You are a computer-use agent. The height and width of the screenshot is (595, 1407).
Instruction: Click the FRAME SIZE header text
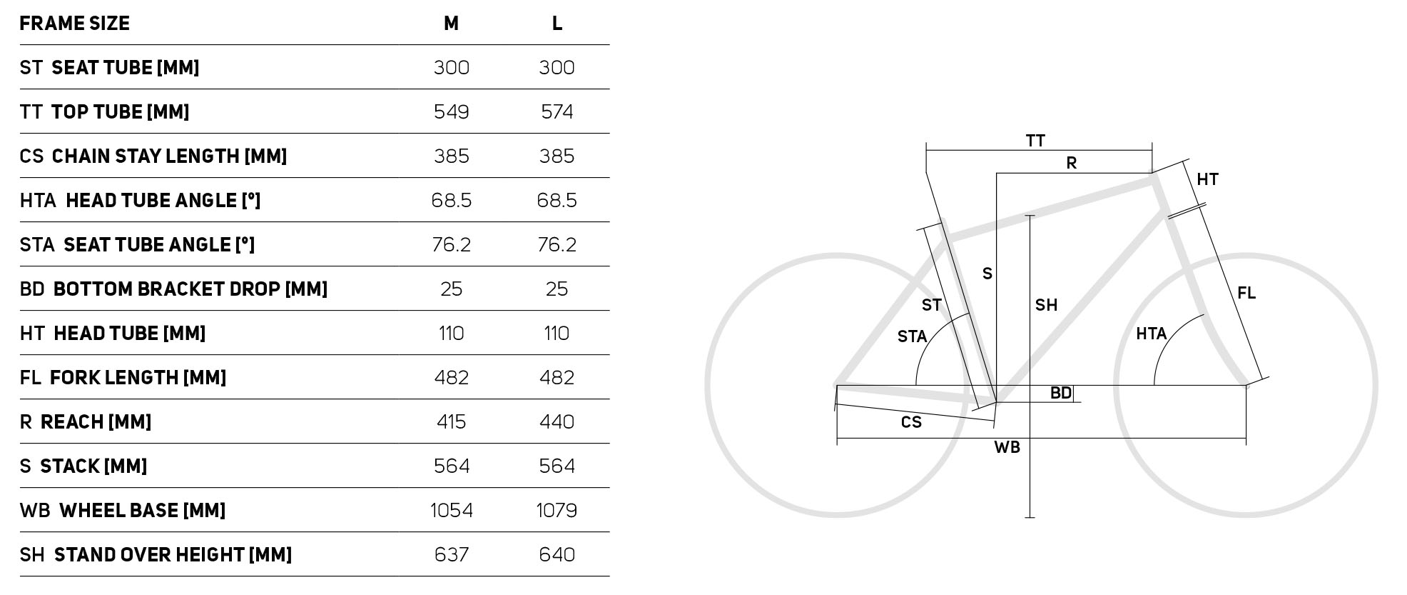(74, 24)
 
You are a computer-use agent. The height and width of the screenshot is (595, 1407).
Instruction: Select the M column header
(451, 24)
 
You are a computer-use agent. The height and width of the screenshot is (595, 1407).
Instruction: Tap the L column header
(557, 24)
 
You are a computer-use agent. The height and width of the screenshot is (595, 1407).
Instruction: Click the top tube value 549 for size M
(451, 112)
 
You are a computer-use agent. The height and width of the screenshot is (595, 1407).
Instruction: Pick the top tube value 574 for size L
(557, 112)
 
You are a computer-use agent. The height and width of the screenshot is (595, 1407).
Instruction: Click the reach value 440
(557, 422)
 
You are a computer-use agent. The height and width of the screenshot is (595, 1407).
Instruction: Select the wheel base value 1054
(451, 511)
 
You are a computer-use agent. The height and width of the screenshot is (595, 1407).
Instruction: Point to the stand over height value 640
(557, 555)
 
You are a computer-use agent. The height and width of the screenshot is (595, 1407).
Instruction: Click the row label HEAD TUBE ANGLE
(163, 201)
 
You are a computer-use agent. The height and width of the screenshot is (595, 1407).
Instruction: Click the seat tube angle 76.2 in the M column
(451, 245)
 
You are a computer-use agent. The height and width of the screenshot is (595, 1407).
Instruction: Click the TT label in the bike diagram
(1035, 141)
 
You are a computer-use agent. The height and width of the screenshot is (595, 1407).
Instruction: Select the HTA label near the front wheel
(1151, 334)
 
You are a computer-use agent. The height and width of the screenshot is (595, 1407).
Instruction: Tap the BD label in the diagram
(1061, 393)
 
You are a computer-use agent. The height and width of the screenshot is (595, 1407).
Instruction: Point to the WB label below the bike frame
(1007, 448)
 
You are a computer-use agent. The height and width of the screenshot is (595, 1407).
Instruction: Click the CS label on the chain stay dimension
(911, 422)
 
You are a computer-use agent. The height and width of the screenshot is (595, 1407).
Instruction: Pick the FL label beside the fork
(1246, 293)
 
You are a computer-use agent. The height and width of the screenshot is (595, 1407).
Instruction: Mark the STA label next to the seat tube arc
(912, 336)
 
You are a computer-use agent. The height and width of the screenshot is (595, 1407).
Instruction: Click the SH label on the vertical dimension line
(1046, 305)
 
